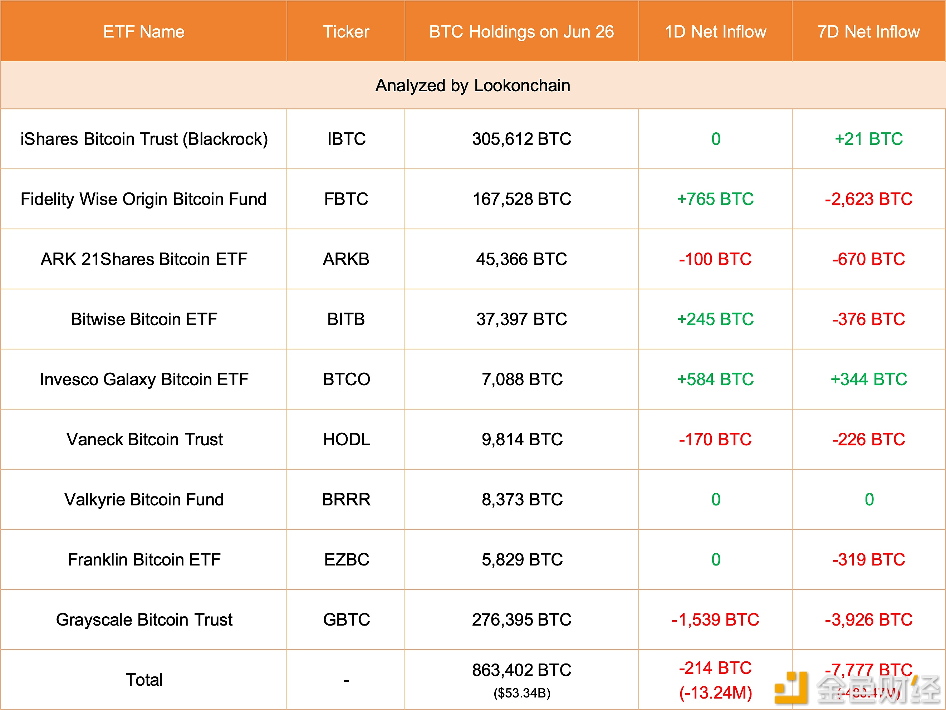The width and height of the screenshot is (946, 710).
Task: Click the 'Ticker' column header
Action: tap(346, 31)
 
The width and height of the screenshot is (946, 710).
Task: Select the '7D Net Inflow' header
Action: tap(869, 31)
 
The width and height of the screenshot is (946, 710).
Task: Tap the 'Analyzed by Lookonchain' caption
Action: tap(472, 85)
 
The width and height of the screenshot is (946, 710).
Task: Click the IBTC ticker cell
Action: tap(346, 139)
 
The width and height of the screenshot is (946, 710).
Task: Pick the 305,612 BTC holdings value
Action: tap(521, 139)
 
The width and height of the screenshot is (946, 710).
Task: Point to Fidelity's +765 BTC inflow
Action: tap(715, 199)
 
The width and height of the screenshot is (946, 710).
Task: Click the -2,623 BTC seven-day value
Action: tap(869, 199)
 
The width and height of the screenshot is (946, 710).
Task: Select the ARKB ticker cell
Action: tap(346, 259)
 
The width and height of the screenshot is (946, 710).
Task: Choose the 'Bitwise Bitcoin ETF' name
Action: tap(144, 319)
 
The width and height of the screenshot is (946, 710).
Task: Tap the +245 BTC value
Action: tap(715, 319)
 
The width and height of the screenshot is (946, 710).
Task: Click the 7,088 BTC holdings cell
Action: tap(522, 380)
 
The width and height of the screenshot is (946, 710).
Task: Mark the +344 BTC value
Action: tap(869, 380)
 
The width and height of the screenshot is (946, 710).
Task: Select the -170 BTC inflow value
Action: tap(715, 440)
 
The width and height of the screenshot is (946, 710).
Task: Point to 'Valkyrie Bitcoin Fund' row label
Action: tap(144, 500)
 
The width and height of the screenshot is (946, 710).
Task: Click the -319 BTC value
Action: tap(869, 560)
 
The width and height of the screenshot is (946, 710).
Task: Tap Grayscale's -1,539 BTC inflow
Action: tap(715, 620)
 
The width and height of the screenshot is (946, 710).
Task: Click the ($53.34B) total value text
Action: tap(522, 693)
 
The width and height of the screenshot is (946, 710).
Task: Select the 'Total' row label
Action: tap(144, 680)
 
